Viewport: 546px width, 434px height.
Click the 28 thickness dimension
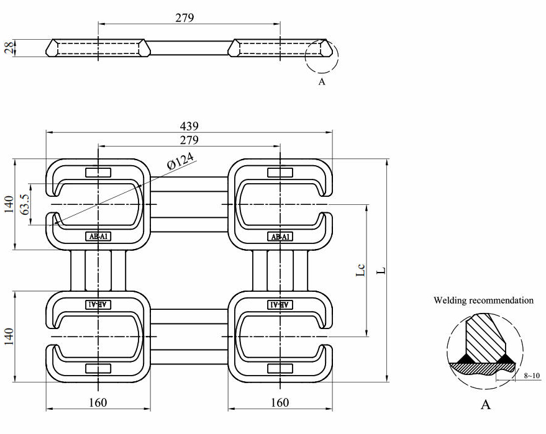click(9, 48)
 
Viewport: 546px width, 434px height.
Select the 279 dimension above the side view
click(184, 17)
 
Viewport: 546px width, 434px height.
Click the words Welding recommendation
click(483, 301)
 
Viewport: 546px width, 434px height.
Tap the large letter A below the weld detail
click(486, 405)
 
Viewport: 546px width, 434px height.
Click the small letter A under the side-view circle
click(322, 82)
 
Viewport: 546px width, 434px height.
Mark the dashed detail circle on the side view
click(322, 57)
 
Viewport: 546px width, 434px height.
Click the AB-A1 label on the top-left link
click(98, 237)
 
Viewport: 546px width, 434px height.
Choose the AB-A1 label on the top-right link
click(280, 237)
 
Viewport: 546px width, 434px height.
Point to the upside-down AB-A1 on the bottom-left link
click(98, 304)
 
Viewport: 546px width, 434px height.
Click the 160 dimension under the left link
click(98, 402)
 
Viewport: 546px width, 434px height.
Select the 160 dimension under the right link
click(280, 402)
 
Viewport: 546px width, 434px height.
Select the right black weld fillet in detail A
click(504, 359)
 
